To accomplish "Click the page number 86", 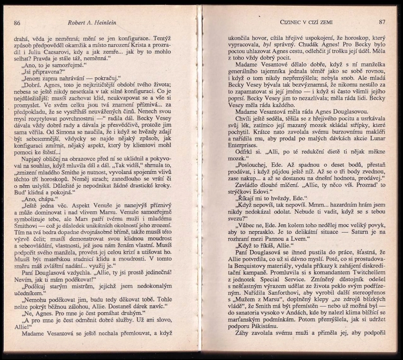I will click(x=17, y=22).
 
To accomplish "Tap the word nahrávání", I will click(x=70, y=77).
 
